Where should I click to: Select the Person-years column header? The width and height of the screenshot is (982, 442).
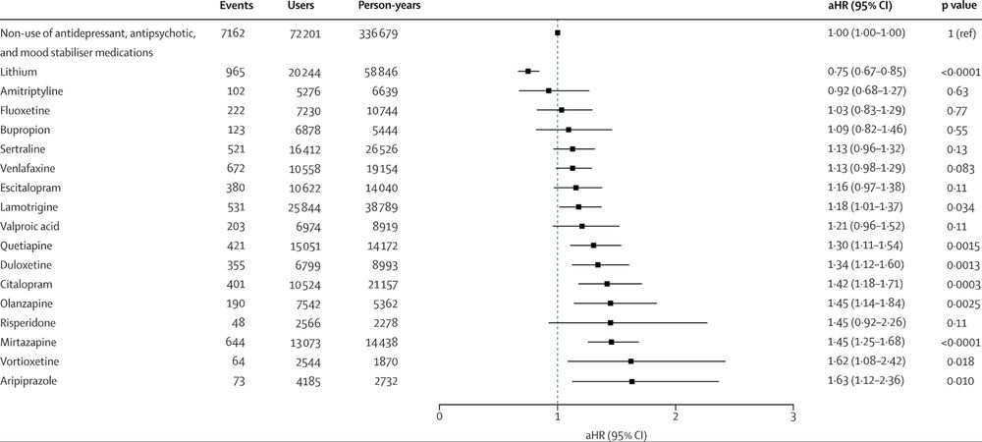[385, 7]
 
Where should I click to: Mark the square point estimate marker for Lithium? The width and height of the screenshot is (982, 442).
[528, 71]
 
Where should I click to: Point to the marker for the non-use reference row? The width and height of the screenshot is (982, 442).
[558, 33]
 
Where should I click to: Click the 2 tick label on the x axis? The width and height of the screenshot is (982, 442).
[675, 416]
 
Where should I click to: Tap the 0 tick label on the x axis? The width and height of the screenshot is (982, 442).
[439, 416]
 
